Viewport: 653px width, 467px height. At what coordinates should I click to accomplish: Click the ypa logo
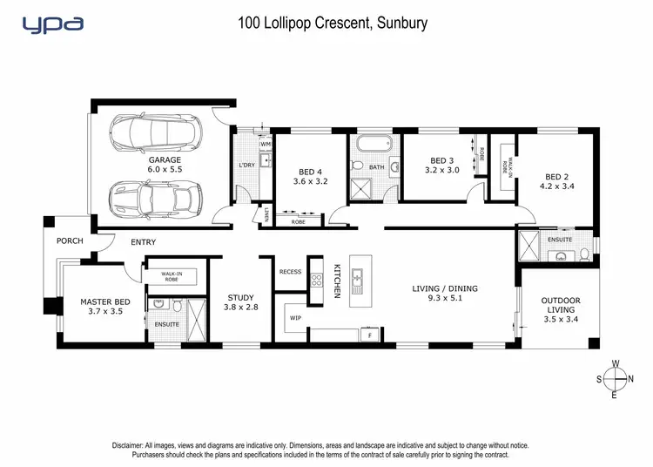click(x=54, y=24)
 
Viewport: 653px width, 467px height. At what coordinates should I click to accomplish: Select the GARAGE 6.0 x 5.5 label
click(x=164, y=166)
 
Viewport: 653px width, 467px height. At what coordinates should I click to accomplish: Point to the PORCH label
click(x=69, y=240)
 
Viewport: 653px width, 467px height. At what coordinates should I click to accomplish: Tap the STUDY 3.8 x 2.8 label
click(x=241, y=301)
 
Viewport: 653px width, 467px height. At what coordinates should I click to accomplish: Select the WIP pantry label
click(x=295, y=318)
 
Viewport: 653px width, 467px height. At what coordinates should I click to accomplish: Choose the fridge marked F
click(x=369, y=335)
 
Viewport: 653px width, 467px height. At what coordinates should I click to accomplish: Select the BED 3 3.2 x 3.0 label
click(x=443, y=166)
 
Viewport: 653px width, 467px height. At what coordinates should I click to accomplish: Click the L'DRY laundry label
click(x=246, y=166)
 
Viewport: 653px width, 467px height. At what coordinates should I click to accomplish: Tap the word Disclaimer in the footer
click(x=131, y=445)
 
